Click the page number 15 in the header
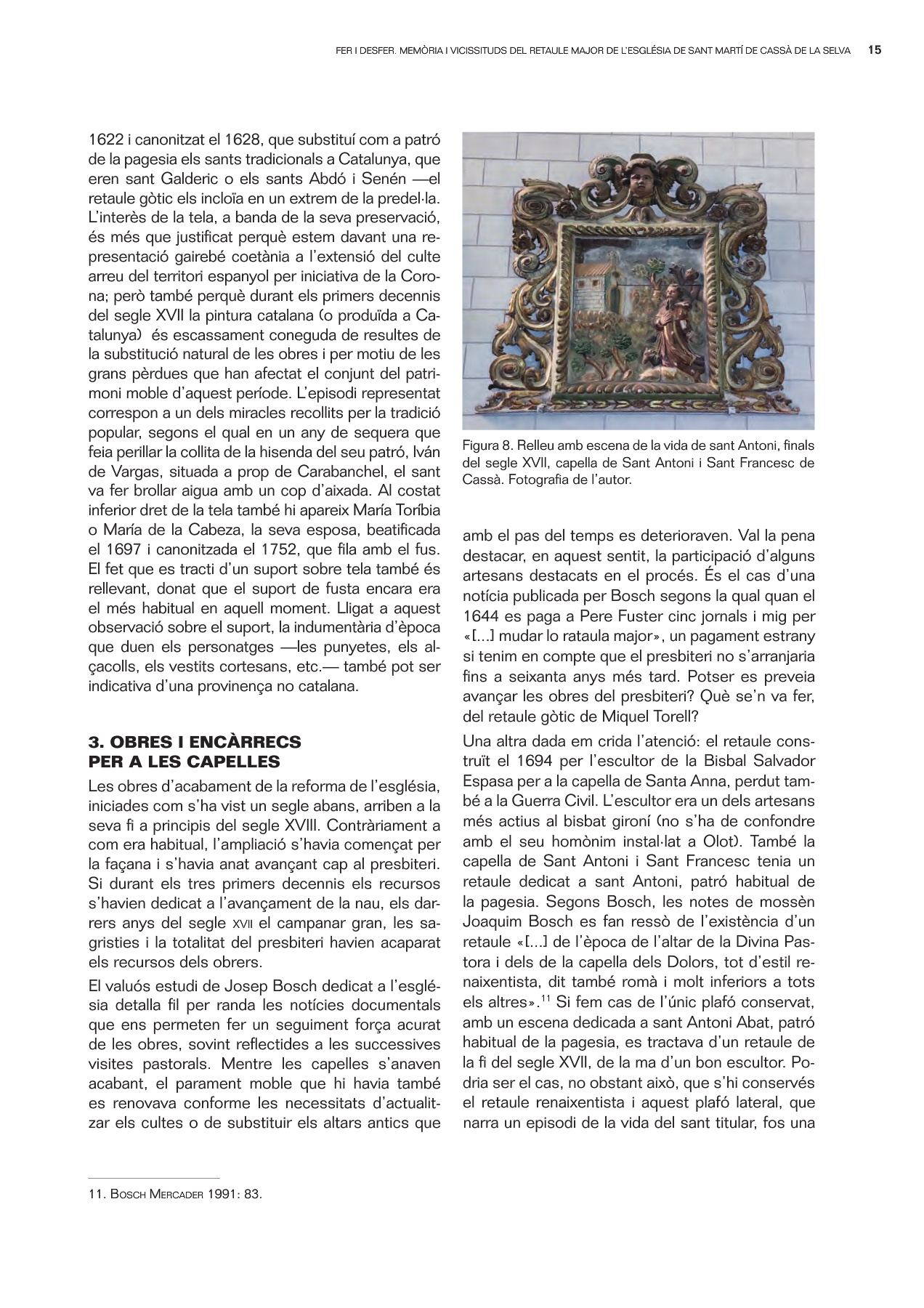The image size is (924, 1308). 875,51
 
